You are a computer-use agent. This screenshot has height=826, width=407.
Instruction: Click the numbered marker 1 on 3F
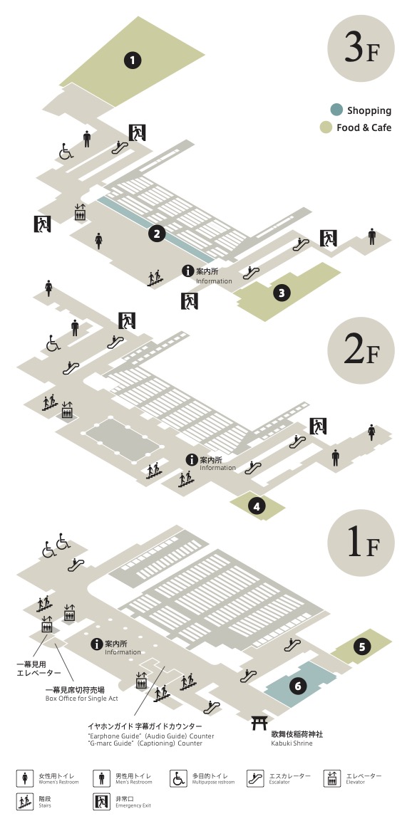pos(133,61)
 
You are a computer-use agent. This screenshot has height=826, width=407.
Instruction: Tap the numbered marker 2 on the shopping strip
pos(156,234)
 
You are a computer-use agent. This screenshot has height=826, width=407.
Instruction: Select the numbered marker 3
pos(282,293)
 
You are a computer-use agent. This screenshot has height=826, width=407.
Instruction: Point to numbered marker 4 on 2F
pos(257,507)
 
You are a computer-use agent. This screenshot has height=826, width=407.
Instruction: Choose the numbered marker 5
pos(361,647)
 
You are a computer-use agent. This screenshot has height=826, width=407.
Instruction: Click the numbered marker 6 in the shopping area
pos(298,686)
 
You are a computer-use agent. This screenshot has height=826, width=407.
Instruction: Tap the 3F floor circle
pos(361,48)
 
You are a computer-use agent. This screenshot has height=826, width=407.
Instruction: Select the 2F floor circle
pos(361,351)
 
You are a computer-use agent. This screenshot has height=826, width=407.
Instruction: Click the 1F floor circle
pos(361,543)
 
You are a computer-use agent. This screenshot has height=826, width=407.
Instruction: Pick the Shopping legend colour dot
pos(336,110)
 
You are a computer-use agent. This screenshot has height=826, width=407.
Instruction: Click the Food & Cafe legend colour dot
pos(326,127)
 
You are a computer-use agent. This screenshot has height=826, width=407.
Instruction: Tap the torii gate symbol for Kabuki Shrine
pos(259,723)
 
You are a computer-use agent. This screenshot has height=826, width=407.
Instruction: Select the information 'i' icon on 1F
pos(96,644)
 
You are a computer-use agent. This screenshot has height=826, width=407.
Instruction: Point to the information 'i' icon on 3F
pos(187,271)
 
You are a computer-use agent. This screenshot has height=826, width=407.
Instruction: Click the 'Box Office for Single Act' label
pos(82,699)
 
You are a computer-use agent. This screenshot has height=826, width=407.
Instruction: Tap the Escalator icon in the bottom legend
pos(255,778)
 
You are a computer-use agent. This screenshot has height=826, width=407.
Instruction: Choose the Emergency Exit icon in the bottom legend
pos(101,802)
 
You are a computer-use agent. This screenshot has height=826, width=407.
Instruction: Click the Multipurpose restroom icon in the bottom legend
pos(178,778)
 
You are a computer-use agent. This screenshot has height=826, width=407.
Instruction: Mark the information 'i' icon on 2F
pos(191,459)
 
